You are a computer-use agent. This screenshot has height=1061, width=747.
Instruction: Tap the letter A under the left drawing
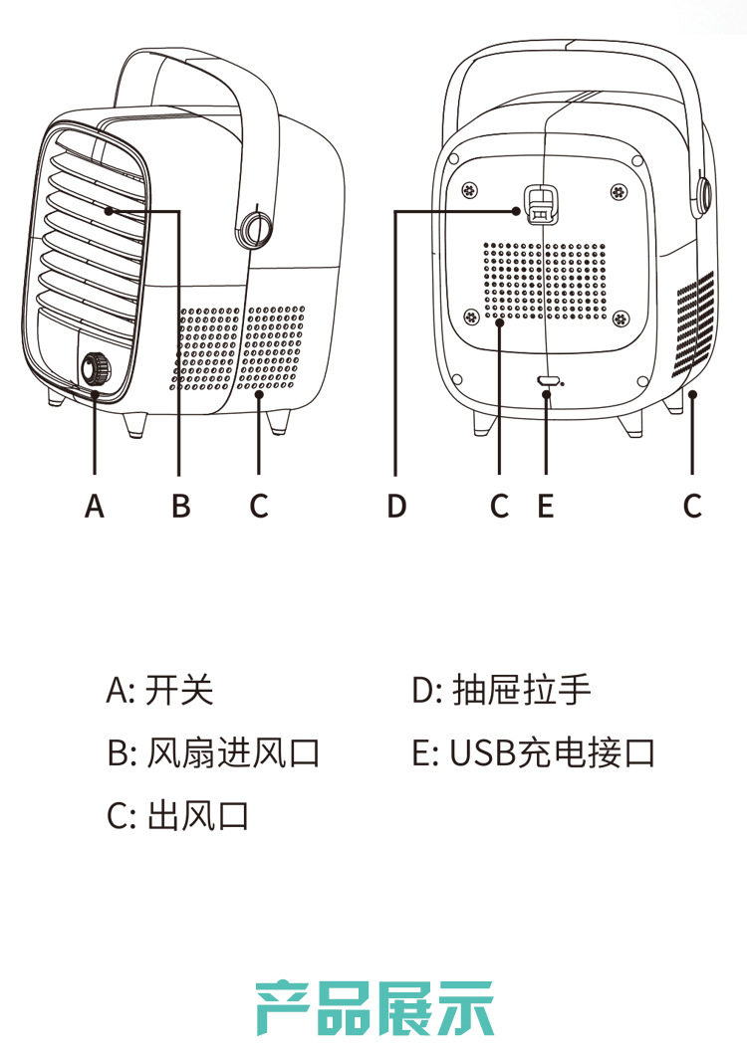click(x=95, y=506)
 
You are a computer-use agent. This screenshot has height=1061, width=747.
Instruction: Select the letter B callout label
click(x=181, y=506)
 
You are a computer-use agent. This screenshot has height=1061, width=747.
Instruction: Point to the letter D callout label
click(x=396, y=506)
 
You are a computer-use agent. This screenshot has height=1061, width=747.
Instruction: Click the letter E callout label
click(x=545, y=506)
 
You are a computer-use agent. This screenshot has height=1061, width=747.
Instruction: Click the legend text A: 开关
click(x=159, y=690)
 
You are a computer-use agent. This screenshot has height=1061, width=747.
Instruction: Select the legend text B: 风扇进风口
click(x=213, y=752)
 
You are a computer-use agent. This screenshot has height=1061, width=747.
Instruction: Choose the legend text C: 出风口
click(x=178, y=815)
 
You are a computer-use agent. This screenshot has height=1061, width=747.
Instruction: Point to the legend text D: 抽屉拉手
click(x=502, y=690)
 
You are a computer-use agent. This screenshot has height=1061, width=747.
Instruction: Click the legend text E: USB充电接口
click(x=534, y=752)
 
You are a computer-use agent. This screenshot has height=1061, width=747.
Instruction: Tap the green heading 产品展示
click(x=374, y=1007)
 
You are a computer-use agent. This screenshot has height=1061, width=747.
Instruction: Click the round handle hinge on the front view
click(x=254, y=230)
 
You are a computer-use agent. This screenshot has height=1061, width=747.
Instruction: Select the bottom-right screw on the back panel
click(x=621, y=318)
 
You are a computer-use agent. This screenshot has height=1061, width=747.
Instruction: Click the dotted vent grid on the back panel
click(x=545, y=281)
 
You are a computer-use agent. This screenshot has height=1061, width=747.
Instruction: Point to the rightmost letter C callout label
click(x=692, y=506)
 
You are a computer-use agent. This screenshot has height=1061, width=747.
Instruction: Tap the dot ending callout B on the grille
click(x=109, y=212)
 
